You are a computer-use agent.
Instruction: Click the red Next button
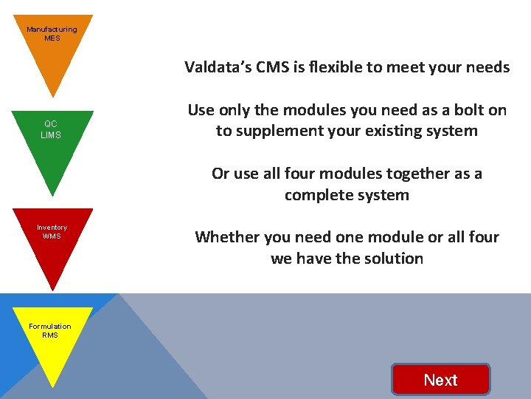[x=441, y=380]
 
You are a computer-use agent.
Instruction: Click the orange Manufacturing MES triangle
[x=52, y=52]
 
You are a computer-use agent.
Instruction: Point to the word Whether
[x=225, y=237]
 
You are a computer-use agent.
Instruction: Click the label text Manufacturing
[x=52, y=30]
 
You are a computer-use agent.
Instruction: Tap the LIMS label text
[x=52, y=135]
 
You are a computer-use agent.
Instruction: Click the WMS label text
[x=52, y=236]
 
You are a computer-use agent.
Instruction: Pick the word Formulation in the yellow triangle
[x=50, y=326]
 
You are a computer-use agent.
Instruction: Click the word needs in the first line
[x=487, y=67]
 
